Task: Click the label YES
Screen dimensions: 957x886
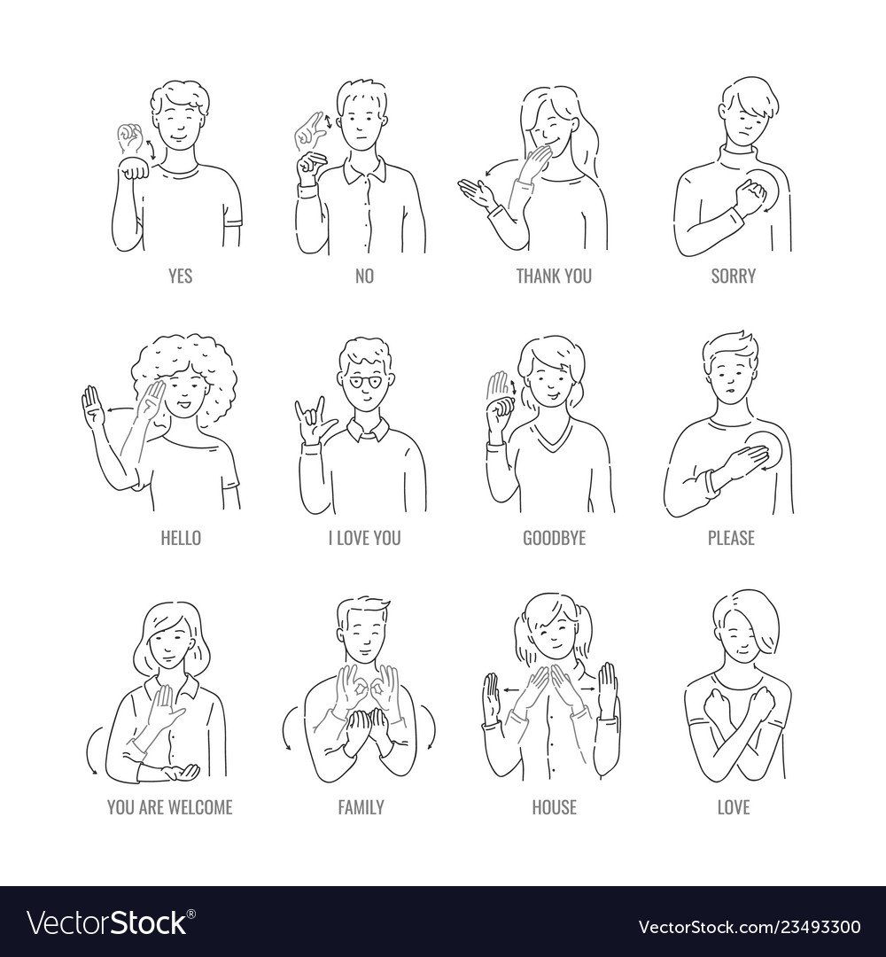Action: tap(180, 276)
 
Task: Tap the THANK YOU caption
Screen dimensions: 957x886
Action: tap(554, 276)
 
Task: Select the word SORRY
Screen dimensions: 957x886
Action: tap(734, 276)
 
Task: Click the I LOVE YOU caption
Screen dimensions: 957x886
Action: tap(364, 538)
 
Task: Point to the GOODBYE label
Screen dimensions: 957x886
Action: tap(554, 538)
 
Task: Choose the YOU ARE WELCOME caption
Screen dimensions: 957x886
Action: tap(169, 807)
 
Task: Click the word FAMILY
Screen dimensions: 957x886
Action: tap(361, 807)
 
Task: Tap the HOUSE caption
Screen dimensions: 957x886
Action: tap(554, 807)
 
